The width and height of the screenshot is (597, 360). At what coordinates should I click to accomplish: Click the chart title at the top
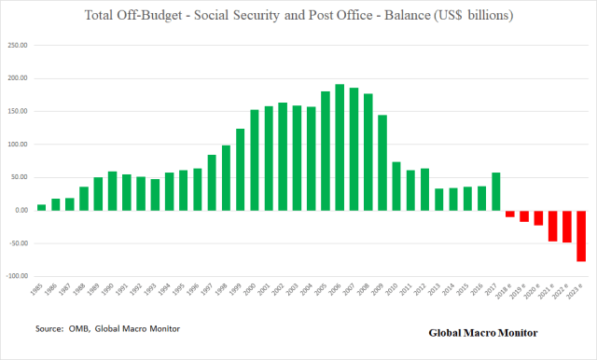click(298, 17)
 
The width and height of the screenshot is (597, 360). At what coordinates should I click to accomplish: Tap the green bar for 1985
click(41, 207)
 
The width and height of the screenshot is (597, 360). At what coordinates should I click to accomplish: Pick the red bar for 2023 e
click(580, 236)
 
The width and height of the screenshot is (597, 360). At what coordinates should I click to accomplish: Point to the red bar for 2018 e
click(509, 214)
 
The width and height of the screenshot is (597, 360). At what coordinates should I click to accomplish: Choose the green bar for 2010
click(396, 187)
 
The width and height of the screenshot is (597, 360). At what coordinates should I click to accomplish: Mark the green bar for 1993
click(155, 195)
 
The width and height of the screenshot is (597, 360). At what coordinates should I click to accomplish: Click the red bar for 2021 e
click(552, 226)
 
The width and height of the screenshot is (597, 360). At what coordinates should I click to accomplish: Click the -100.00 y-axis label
click(16, 276)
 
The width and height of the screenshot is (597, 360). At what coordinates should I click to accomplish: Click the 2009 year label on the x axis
click(382, 291)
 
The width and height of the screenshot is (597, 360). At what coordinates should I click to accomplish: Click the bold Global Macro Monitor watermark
click(482, 332)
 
